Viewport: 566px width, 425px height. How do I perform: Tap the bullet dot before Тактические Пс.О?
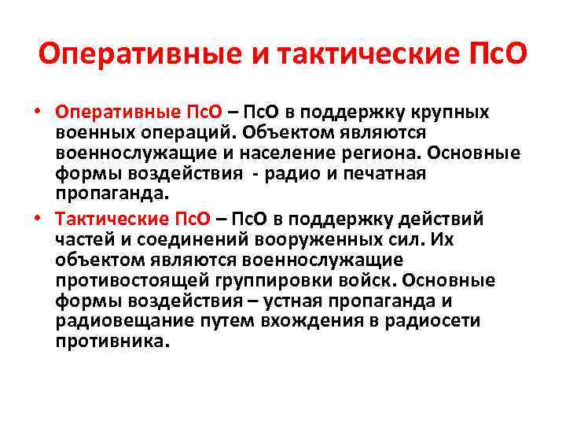[x=38, y=218]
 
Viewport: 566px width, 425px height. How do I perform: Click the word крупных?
[x=447, y=112]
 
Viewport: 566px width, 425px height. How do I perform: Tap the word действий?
[x=440, y=218]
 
